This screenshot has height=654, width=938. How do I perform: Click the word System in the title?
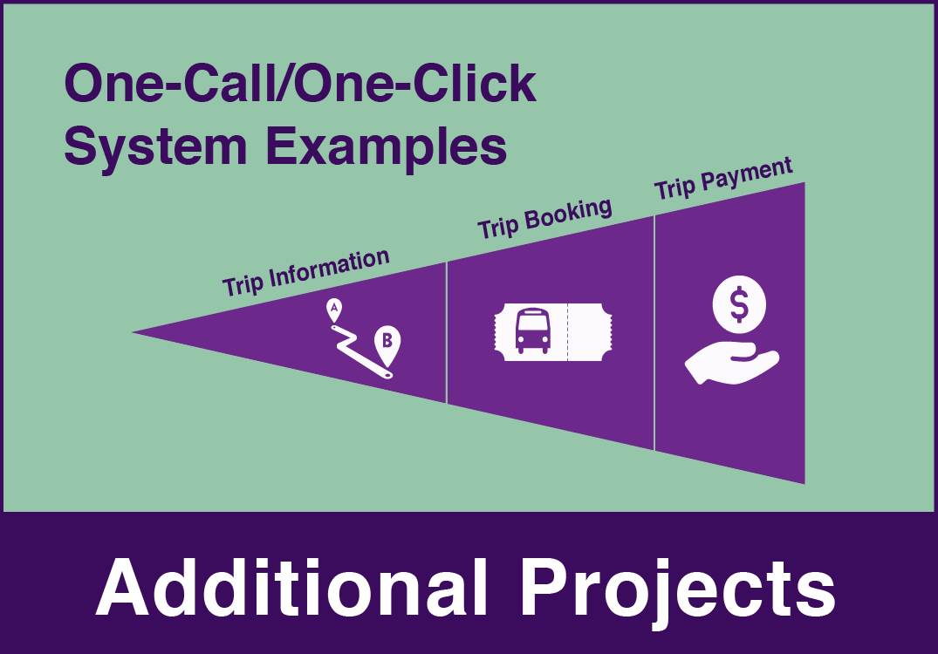(x=155, y=146)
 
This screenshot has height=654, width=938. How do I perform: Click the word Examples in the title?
(x=386, y=146)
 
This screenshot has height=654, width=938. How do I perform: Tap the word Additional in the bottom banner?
(x=291, y=588)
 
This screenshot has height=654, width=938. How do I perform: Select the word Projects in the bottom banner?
(x=677, y=592)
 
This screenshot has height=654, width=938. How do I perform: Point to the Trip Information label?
(x=306, y=273)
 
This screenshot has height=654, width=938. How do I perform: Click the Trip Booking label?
(x=544, y=219)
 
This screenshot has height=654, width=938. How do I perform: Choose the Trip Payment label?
(x=723, y=178)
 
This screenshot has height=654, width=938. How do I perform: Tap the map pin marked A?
(x=334, y=310)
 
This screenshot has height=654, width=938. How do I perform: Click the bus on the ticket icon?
(x=531, y=330)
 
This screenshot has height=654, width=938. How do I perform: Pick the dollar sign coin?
(x=739, y=303)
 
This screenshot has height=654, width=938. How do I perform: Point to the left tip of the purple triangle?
(x=133, y=332)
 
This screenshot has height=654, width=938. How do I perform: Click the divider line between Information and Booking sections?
(x=446, y=332)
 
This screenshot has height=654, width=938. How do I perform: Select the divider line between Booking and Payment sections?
(x=654, y=333)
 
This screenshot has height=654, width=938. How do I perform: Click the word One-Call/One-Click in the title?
(x=299, y=84)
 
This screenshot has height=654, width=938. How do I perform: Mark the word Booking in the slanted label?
(x=568, y=214)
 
